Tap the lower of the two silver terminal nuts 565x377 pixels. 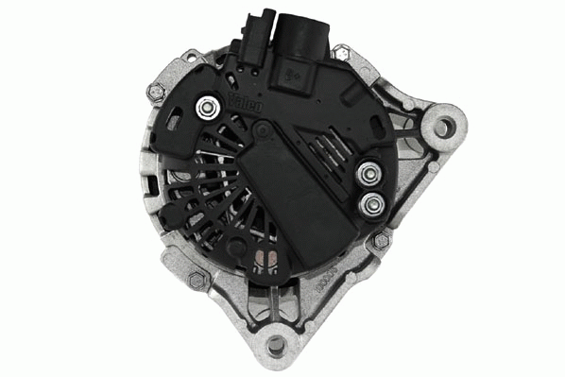pyautogui.click(x=371, y=202)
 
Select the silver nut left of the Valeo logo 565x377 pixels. pyautogui.click(x=202, y=110)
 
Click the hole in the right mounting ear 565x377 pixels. pyautogui.click(x=440, y=125)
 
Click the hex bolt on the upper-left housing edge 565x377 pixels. pyautogui.click(x=155, y=91)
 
